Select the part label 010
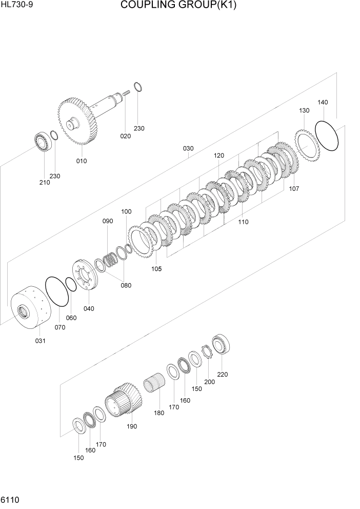(82, 161)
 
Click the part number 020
(126, 136)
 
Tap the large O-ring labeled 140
(327, 136)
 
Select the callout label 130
(304, 110)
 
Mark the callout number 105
(156, 268)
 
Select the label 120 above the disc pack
(219, 155)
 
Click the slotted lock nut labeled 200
(208, 353)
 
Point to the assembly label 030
(188, 148)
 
